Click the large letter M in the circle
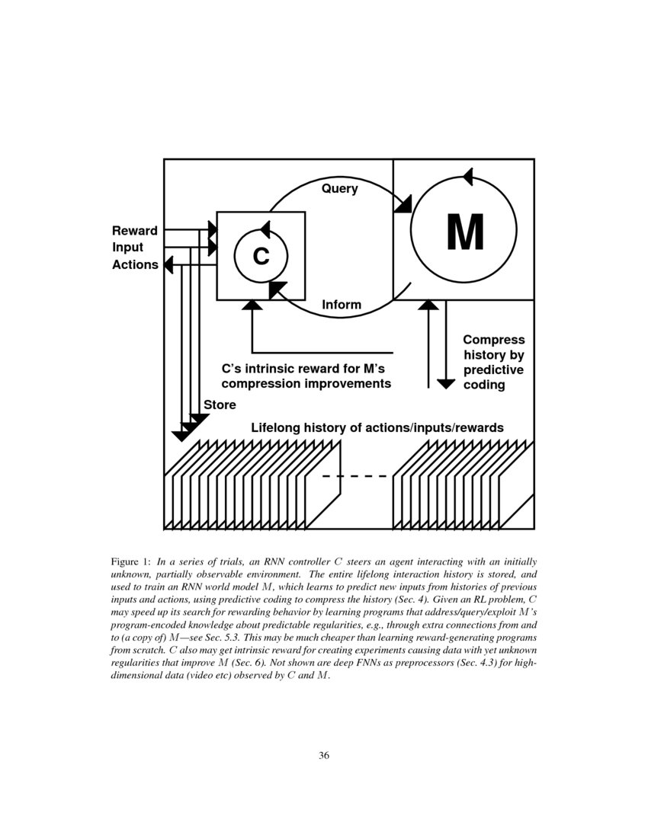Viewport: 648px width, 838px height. coord(464,232)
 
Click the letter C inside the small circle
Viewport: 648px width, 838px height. coord(261,257)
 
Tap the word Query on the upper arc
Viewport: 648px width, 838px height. coord(339,189)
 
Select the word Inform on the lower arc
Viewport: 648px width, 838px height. coord(342,305)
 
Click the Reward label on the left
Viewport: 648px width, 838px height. coord(135,231)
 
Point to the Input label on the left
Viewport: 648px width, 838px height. coord(128,248)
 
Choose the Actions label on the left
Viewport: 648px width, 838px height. coord(135,264)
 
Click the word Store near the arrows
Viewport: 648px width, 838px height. coord(220,405)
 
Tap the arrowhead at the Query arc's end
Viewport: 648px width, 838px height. coord(403,204)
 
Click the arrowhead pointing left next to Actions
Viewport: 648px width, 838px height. coord(168,264)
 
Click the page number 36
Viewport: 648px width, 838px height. coord(324,756)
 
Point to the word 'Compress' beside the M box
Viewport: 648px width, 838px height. coord(493,340)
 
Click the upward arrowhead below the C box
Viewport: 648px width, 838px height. coord(252,305)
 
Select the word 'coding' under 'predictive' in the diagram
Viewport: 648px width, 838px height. coord(484,384)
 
